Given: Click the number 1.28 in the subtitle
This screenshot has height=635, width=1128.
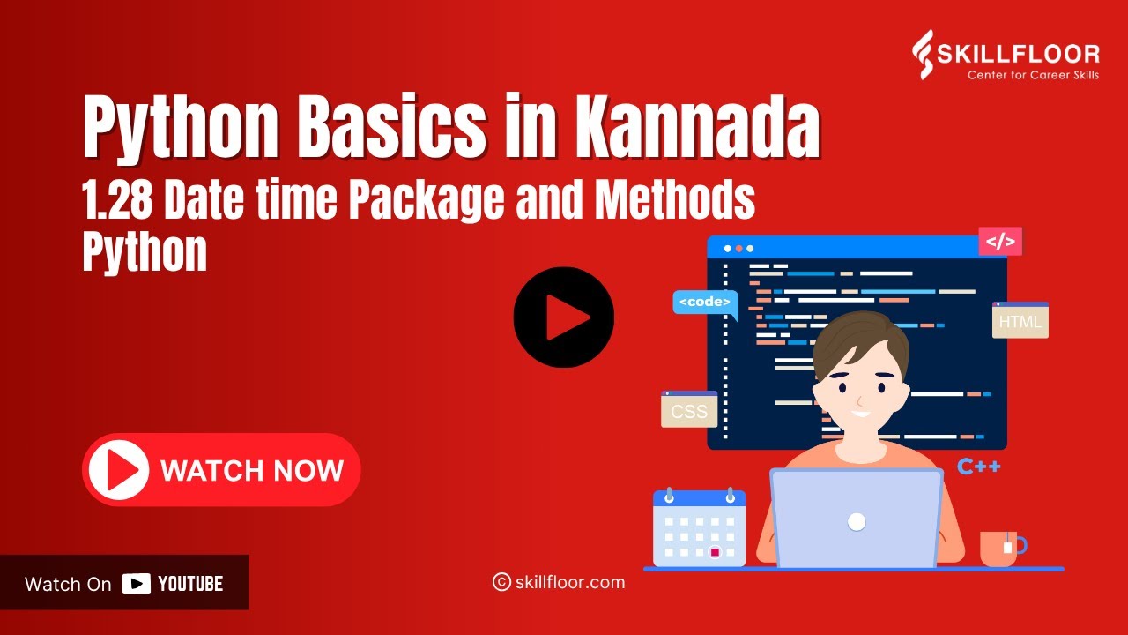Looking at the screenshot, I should [117, 201].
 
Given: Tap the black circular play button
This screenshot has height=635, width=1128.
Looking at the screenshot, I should [564, 317].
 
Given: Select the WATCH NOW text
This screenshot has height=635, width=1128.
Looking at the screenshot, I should [252, 470].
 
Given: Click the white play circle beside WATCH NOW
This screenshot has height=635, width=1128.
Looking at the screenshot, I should [116, 470].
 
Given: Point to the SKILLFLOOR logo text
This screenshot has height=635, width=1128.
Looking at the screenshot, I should [1032, 54].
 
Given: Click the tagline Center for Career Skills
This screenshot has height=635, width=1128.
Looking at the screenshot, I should [1033, 75].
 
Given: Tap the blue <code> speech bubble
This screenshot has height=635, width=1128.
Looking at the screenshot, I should [705, 302].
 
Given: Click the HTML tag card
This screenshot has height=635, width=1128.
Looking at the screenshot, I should [1020, 321].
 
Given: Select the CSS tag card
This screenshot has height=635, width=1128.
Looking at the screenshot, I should [689, 410].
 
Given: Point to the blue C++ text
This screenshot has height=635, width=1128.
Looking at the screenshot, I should [979, 467].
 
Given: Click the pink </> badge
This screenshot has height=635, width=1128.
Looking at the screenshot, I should [1000, 242].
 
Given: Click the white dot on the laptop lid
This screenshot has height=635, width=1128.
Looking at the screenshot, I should [857, 521].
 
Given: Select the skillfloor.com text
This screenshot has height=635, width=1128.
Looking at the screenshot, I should [569, 582].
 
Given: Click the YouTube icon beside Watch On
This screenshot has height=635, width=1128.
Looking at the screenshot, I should [136, 584].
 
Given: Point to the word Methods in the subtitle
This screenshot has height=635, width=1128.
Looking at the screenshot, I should [675, 201].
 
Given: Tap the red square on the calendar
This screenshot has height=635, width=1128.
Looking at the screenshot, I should [716, 552].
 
